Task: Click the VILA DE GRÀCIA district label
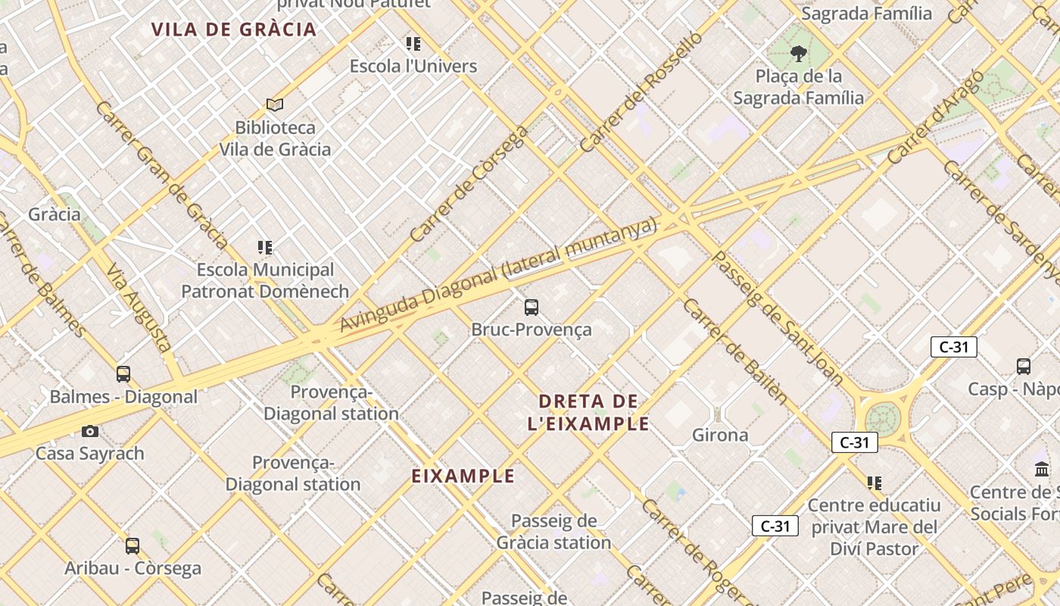coord(233,30)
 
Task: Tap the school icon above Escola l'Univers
coord(413,44)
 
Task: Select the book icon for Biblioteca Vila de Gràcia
coord(275,105)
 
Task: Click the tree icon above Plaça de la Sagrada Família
coord(798,53)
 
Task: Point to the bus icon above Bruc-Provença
coord(532,307)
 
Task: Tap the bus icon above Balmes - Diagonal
coord(123,373)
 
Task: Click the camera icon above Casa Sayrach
coord(90,431)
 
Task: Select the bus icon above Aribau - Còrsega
coord(132,545)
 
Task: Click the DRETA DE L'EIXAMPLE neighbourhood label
coord(588,412)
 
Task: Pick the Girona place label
coord(720,435)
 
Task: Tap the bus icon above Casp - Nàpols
coord(1024,367)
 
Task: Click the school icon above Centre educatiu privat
coord(874,483)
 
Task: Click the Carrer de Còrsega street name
coord(469,184)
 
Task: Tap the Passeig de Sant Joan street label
coord(778,318)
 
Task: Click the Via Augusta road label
coord(139,307)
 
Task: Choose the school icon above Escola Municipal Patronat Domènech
coord(264,247)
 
